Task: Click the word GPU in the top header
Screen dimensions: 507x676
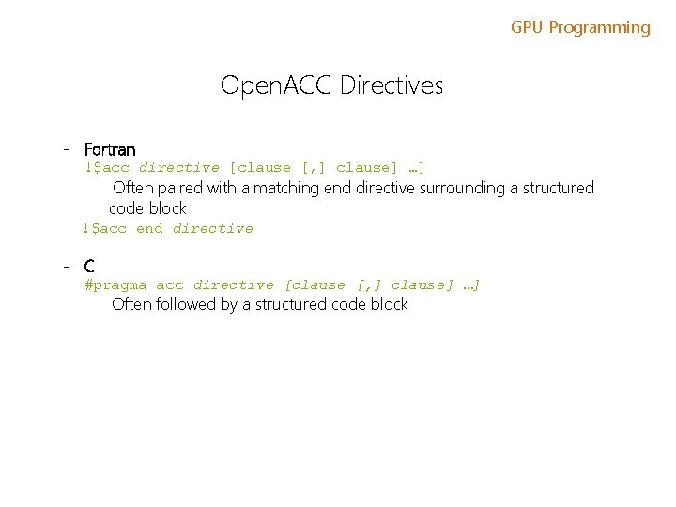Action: (528, 28)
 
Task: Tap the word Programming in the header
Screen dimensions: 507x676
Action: (599, 28)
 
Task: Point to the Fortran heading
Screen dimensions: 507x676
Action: (110, 149)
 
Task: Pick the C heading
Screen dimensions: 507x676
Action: (89, 267)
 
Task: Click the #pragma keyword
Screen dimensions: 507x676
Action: (115, 284)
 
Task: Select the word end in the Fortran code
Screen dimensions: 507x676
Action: (149, 228)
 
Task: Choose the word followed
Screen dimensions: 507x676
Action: (185, 304)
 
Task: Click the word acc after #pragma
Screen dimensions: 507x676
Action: (170, 284)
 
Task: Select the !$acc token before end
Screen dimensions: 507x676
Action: (104, 228)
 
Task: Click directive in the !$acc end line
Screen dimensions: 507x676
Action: (213, 228)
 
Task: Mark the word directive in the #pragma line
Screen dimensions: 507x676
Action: (234, 284)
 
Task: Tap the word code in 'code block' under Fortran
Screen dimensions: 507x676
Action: (127, 208)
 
